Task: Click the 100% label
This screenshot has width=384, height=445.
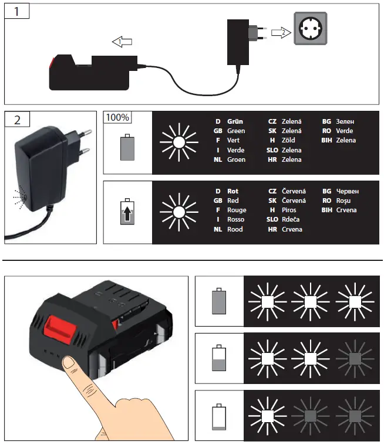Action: [x=117, y=117]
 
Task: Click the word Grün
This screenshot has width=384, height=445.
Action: [x=235, y=121]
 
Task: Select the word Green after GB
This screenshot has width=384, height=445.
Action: [x=236, y=131]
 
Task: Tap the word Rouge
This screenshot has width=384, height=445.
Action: [x=237, y=210]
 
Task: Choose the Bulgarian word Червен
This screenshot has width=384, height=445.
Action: [x=349, y=191]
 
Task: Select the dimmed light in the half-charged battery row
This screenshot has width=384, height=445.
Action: [x=355, y=358]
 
